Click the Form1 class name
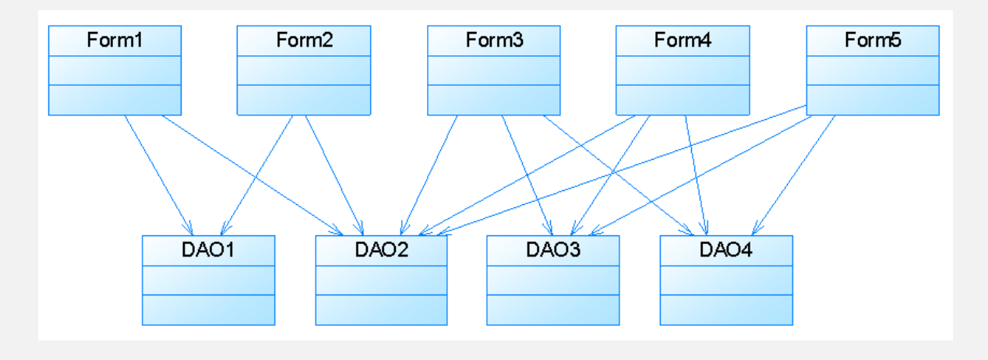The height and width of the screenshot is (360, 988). point(115,41)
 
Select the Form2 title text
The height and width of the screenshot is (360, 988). point(305,41)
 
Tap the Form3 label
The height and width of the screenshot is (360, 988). point(495,41)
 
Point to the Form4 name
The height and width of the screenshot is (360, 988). point(683,41)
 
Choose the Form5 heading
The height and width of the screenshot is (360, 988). point(873,41)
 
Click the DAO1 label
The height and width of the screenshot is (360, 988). point(208,250)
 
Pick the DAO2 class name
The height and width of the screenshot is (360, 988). point(382,250)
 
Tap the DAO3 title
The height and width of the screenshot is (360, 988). point(553,250)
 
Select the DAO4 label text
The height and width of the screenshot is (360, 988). point(726,250)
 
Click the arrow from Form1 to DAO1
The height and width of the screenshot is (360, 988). point(159,175)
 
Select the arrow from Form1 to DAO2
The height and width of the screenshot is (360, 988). point(252,175)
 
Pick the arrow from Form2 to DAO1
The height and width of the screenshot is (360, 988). point(256,175)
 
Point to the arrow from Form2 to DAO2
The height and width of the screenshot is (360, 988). point(334,175)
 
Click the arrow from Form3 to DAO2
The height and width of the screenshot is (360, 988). point(429,175)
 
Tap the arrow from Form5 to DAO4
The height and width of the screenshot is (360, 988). point(794,175)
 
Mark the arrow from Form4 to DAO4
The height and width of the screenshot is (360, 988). point(696,175)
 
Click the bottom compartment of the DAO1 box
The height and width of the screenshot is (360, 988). point(209,309)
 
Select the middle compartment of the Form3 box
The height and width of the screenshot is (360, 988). point(494,71)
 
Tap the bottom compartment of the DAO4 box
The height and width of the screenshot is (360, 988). point(726,309)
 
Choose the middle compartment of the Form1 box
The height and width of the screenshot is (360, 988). point(115,71)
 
